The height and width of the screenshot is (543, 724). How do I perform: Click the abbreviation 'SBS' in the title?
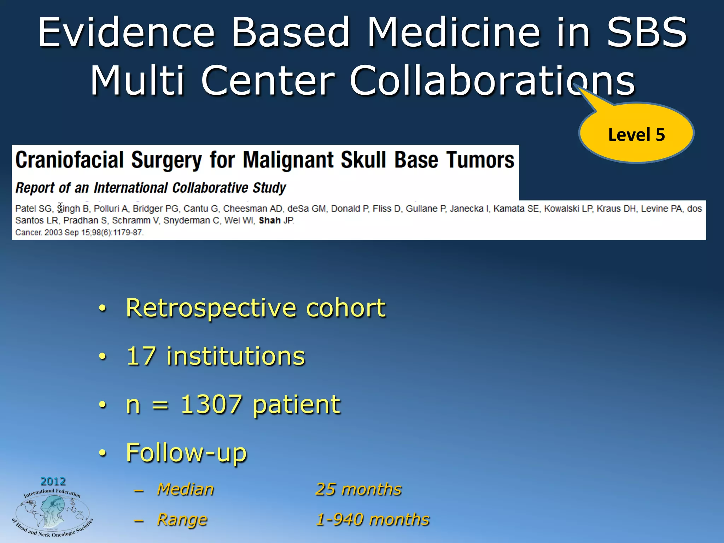coord(647,33)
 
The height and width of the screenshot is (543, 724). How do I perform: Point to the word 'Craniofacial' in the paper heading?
coord(69,160)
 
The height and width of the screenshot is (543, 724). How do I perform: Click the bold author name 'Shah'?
coord(269,221)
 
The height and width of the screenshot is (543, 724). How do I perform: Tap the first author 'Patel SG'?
coord(33,209)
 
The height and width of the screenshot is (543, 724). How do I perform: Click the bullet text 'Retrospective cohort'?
coord(256,308)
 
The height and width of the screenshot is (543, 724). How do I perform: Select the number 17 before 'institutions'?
coord(141,356)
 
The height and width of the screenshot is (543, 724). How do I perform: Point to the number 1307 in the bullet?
coord(211,404)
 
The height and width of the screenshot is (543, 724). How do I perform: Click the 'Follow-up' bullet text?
coord(186,452)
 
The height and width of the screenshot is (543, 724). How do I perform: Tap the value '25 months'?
coord(358,489)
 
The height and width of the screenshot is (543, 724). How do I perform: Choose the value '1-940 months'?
coord(373,520)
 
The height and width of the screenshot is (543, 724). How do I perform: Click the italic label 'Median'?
coord(185,489)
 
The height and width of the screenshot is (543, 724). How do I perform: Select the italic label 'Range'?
coord(182,520)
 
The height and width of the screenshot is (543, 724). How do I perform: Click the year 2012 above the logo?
coord(53,481)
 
